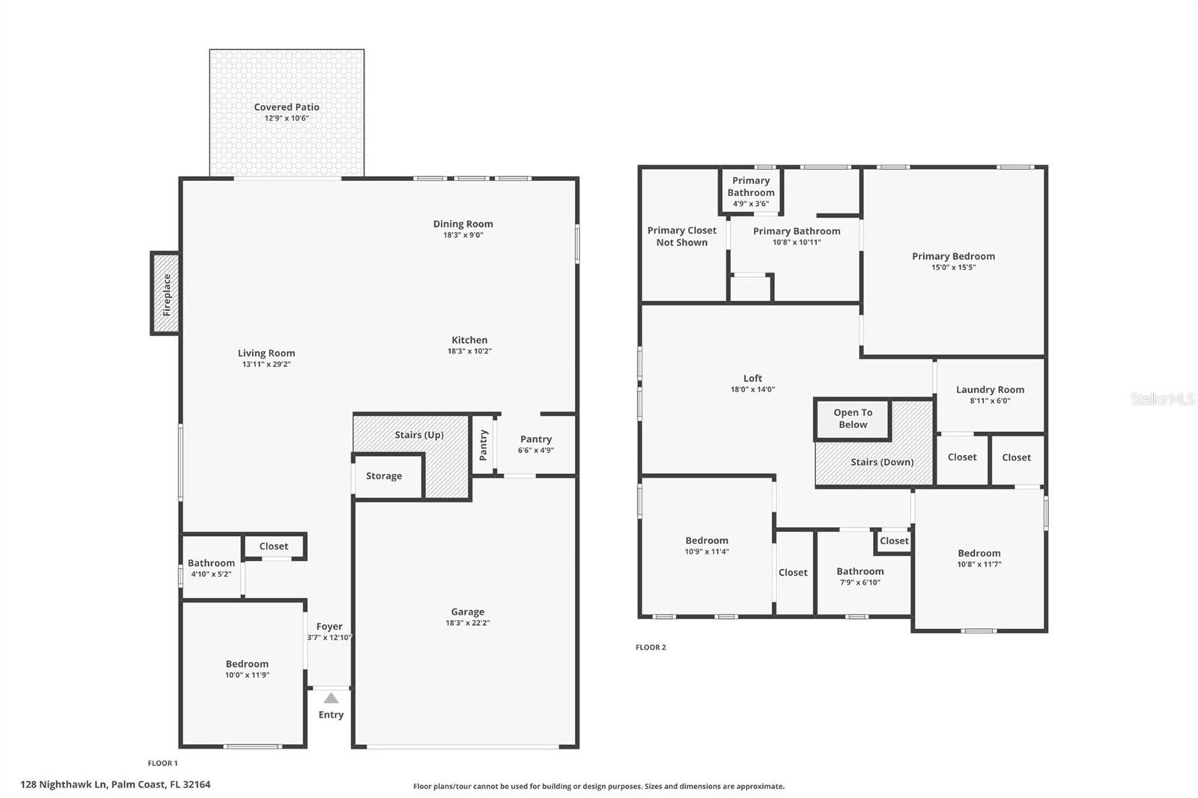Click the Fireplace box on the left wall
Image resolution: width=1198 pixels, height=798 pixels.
pos(165,293)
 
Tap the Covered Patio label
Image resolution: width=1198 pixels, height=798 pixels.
pos(286,107)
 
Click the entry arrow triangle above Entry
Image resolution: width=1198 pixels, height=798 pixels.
pos(331,698)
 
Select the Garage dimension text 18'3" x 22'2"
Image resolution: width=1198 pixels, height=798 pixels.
pos(467,623)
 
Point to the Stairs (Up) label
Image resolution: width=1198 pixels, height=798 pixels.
pos(419,435)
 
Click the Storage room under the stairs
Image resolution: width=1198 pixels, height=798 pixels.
pos(384,476)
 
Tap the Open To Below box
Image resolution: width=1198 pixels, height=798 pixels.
pos(853,418)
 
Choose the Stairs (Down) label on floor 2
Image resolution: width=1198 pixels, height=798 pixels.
pos(882,462)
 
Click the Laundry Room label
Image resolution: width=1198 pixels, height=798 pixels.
pos(990,389)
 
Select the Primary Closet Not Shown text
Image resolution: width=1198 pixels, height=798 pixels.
pos(681,237)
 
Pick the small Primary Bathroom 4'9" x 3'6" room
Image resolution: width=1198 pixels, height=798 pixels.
pos(751,191)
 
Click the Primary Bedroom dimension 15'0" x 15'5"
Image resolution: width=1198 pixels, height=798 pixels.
pos(953,267)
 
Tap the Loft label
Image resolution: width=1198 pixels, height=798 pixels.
pos(752,378)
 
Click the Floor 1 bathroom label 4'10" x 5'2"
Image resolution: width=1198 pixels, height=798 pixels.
pos(211,574)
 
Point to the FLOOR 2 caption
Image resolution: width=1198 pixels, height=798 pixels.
pos(651,647)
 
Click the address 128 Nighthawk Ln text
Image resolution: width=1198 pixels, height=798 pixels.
pos(115,785)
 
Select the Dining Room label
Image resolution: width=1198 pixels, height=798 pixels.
pos(463,224)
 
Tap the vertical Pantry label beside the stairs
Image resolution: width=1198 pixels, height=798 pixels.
pos(484,445)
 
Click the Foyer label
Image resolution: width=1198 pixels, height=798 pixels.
pos(329,627)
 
